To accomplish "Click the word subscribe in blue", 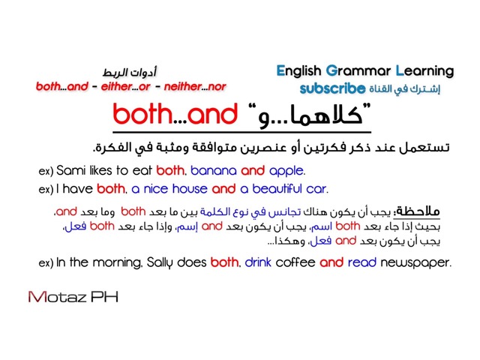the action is (332, 88).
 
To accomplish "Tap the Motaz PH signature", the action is (73, 297).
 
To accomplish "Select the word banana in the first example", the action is (213, 171).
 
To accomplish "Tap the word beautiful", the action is (277, 189).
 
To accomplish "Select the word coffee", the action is (295, 262).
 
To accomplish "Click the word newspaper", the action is (415, 263).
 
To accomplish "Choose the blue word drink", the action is (258, 262).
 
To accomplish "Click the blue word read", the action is (362, 262).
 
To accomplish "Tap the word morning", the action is (117, 263).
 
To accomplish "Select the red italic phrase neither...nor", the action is (195, 87).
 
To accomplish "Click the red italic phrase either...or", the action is (126, 87).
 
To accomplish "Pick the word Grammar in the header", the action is (358, 71).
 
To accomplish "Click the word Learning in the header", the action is (425, 72).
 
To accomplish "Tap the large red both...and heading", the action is (175, 114).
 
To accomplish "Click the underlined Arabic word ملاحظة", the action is (417, 211).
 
